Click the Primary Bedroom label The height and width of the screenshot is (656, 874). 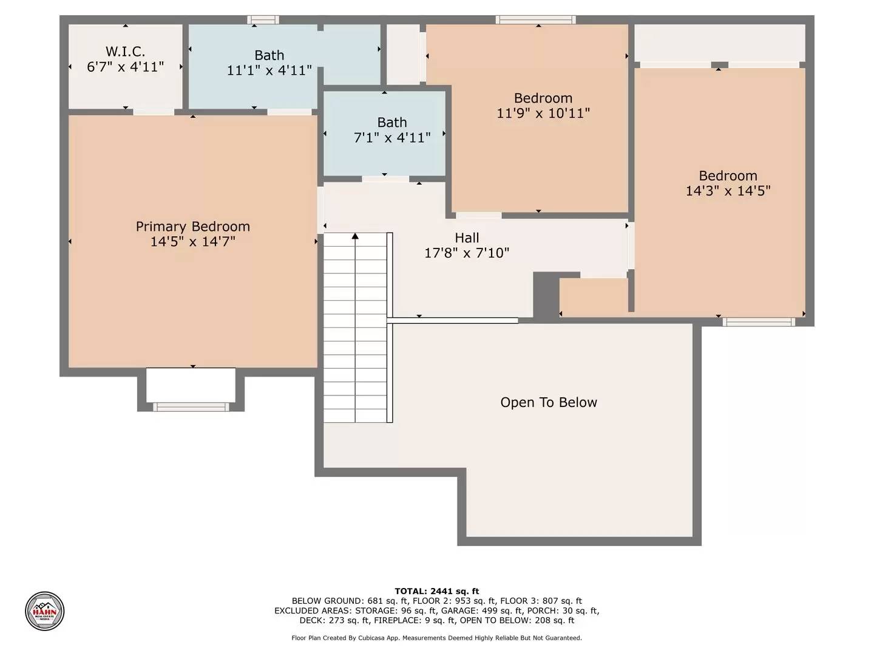tap(192, 227)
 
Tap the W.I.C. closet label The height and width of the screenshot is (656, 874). tap(125, 52)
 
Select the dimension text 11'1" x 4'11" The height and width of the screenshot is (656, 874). tap(269, 70)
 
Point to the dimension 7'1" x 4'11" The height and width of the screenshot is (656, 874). tap(391, 138)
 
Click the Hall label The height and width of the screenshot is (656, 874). tap(466, 238)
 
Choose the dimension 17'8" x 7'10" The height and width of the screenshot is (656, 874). tap(466, 253)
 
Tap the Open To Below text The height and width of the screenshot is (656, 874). tap(548, 403)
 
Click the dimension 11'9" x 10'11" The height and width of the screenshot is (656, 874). tap(543, 113)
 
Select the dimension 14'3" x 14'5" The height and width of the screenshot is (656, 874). tap(727, 191)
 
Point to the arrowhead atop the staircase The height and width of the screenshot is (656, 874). tap(355, 236)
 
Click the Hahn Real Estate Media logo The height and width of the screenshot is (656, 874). tap(44, 610)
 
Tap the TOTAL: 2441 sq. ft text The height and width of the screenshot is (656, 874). tap(436, 591)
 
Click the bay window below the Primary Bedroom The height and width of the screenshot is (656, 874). tap(191, 406)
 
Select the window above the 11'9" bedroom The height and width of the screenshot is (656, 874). tap(535, 20)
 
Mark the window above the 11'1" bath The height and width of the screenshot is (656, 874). tap(263, 20)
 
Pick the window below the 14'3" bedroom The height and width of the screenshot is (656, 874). tap(758, 322)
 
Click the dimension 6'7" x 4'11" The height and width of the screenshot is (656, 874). tap(125, 67)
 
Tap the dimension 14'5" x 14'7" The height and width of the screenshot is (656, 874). tap(192, 242)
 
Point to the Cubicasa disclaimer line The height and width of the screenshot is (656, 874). tap(436, 638)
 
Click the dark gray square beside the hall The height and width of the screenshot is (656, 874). tap(545, 295)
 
